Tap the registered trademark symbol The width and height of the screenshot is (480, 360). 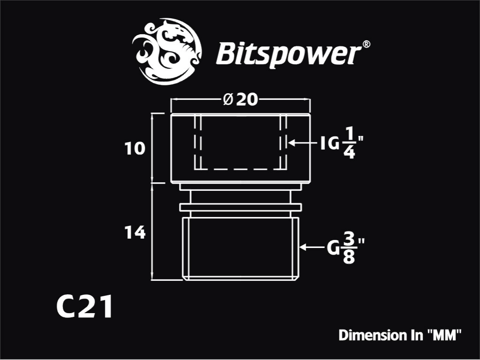click(366, 45)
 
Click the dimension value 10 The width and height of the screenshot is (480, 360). click(135, 149)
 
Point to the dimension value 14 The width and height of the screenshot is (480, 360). click(135, 233)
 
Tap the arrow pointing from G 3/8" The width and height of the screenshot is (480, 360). click(311, 247)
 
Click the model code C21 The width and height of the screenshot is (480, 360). click(84, 307)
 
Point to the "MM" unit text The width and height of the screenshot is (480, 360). click(444, 335)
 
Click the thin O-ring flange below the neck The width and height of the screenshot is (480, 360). click(240, 207)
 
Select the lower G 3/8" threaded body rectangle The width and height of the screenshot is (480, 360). click(240, 249)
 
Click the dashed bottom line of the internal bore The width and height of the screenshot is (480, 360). click(240, 169)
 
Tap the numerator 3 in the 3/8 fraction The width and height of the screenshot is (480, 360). click(349, 239)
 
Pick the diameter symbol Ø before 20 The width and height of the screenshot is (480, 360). click(228, 100)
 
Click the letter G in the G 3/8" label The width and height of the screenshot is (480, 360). click(333, 248)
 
